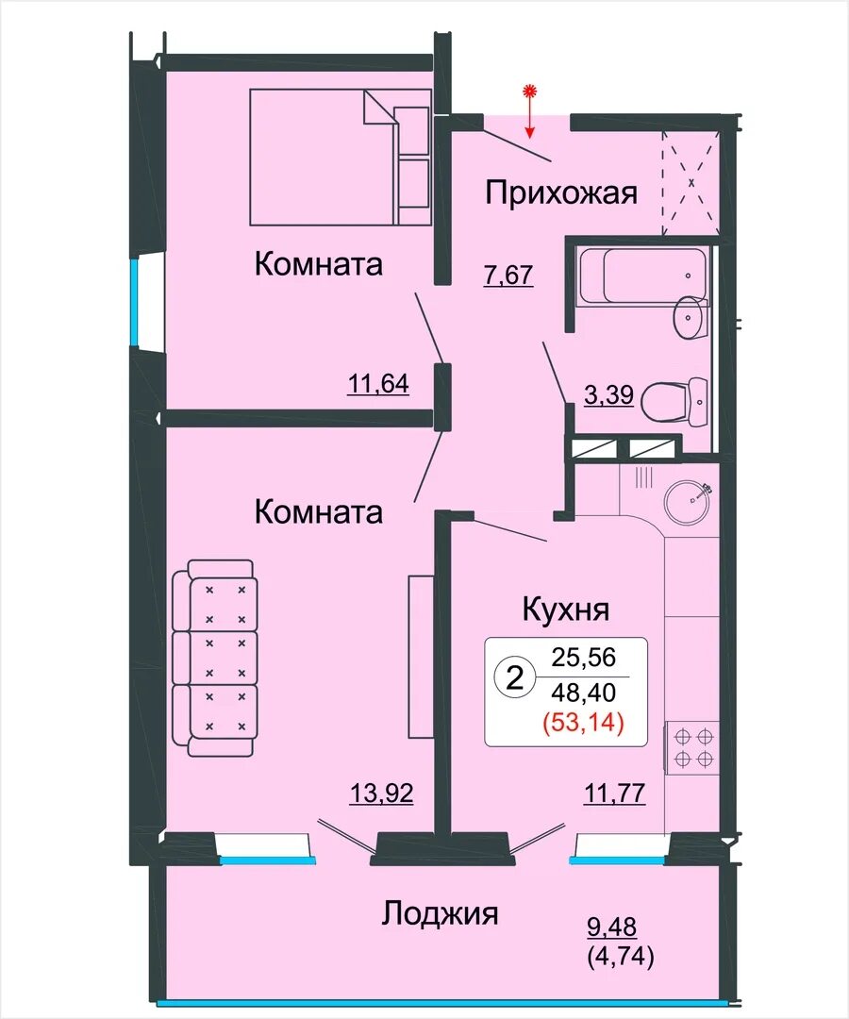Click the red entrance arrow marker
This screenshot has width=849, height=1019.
coord(531,111)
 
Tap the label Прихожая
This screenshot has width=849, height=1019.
coord(561,193)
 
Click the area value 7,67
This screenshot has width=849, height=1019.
coord(508,275)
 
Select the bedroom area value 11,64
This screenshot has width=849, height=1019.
coord(378,383)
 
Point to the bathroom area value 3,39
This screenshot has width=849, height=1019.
coord(608,394)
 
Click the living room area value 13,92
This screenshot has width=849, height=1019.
coord(382,793)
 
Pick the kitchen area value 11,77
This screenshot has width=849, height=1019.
coord(614,793)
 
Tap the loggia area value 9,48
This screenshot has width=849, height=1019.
coord(612,927)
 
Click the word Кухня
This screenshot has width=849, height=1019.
coord(566,610)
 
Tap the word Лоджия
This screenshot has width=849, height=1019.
coord(440,913)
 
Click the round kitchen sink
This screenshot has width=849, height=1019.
coord(688,501)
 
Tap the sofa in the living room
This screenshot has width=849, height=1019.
coord(213,658)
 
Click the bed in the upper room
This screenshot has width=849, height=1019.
coord(341,158)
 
